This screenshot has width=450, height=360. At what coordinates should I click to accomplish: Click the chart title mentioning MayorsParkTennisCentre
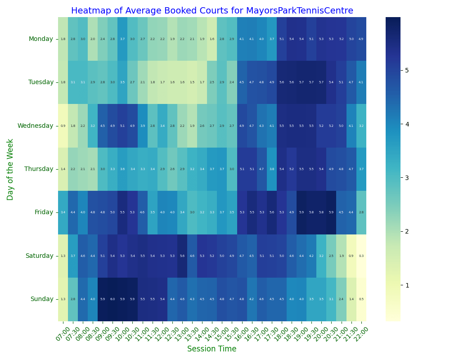(x=212, y=11)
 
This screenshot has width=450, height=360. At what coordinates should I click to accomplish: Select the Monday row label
(x=41, y=39)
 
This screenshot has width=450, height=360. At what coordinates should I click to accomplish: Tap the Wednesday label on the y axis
(x=35, y=126)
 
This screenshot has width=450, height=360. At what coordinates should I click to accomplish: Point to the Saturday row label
(x=39, y=256)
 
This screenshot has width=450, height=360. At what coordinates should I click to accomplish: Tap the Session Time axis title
(x=211, y=349)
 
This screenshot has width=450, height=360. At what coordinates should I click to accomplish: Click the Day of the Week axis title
(x=10, y=169)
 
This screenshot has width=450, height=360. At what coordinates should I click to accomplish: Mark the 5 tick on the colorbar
(x=406, y=70)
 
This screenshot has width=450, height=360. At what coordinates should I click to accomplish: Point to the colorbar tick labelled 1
(x=406, y=285)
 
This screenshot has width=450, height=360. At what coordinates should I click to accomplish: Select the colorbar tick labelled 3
(x=406, y=178)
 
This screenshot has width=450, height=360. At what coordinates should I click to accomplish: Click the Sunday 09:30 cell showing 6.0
(x=112, y=299)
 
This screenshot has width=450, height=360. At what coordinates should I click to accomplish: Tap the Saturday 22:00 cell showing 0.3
(x=361, y=256)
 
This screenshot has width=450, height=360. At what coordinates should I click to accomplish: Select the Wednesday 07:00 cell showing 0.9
(x=63, y=126)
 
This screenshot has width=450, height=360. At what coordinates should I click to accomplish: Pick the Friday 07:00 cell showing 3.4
(x=63, y=212)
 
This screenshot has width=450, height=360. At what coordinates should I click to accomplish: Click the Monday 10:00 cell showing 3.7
(x=122, y=39)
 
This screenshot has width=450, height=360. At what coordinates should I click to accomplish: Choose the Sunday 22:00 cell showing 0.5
(x=361, y=299)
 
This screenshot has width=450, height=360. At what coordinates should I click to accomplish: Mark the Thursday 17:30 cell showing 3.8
(x=271, y=169)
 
